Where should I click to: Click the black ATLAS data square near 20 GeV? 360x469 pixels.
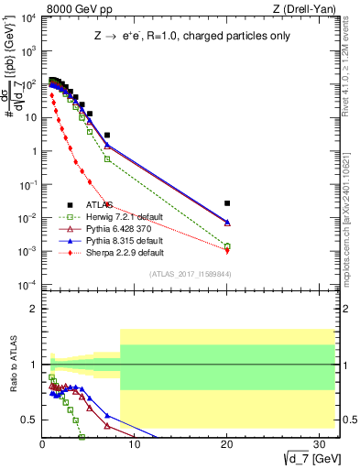pos(227,203)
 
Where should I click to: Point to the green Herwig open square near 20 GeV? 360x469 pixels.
pos(227,246)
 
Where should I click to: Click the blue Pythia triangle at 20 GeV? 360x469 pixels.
pos(227,222)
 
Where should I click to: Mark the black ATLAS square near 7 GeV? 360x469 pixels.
pos(107,135)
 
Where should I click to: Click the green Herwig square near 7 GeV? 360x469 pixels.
pos(107,159)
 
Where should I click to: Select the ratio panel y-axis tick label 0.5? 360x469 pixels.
pos(28,420)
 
